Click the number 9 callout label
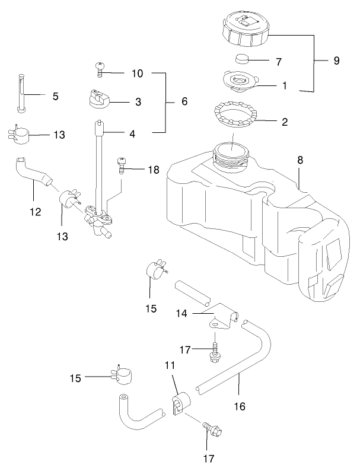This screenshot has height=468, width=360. (x=336, y=61)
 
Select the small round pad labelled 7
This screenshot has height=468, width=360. (x=241, y=59)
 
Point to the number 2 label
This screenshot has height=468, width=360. (x=285, y=122)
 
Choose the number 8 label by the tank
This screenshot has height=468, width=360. (x=300, y=160)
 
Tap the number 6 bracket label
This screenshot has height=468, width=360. (x=184, y=101)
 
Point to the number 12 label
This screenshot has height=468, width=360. (x=37, y=211)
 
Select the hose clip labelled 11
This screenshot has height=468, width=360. (x=179, y=403)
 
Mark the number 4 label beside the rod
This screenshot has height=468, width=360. (x=132, y=134)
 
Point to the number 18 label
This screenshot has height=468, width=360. (x=154, y=170)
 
